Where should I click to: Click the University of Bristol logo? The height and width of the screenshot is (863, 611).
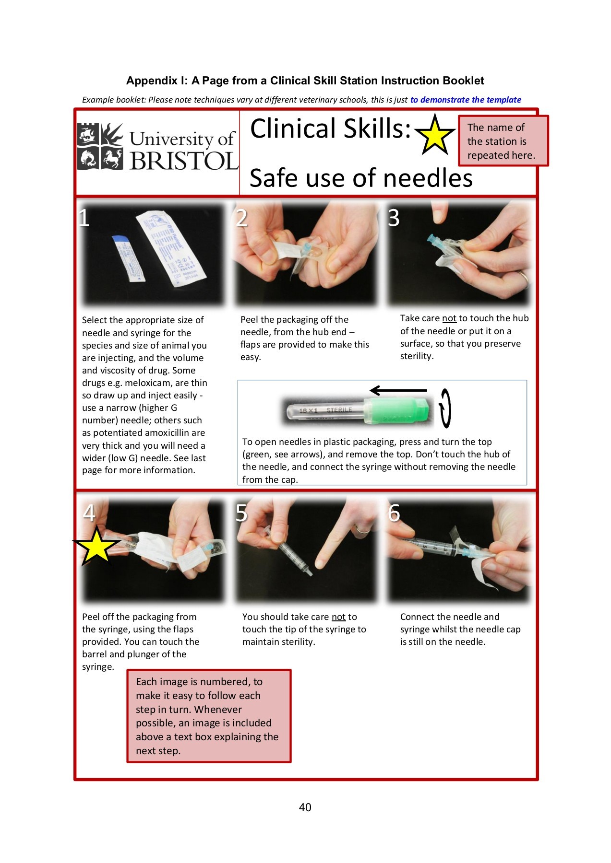pos(157,147)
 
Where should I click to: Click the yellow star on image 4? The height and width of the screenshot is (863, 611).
pos(96,546)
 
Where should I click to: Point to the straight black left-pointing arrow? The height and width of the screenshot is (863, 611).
pos(398,390)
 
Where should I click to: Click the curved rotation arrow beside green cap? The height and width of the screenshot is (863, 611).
pos(445,408)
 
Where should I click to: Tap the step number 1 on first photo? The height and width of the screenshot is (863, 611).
pos(84,218)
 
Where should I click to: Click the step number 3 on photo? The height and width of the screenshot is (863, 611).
pos(394,218)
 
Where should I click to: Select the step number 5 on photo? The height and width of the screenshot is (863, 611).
pos(241,513)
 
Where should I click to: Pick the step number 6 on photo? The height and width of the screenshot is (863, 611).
pos(394,513)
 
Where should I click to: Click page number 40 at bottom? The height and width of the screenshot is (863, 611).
pos(305,807)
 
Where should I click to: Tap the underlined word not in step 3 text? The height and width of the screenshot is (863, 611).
pos(449,318)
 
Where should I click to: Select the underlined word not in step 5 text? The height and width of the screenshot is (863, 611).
pos(338,617)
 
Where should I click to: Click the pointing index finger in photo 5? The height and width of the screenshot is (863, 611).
pos(336,537)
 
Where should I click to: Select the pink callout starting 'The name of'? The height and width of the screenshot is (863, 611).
pos(503,141)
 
